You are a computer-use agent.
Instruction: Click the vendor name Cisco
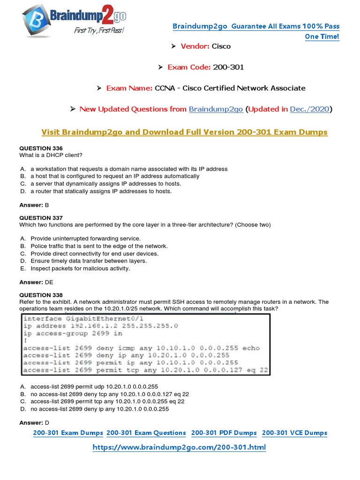221,46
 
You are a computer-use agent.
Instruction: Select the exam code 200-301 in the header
228,67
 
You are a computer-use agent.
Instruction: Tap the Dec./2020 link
309,109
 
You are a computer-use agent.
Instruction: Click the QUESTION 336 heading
41,148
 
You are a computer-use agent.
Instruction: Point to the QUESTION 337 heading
41,217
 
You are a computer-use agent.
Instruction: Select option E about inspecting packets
80,269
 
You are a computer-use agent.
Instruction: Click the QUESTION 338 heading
41,295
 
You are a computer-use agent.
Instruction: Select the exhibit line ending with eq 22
145,370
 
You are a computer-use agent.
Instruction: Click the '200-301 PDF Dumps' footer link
224,433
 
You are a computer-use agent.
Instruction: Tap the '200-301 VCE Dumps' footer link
294,433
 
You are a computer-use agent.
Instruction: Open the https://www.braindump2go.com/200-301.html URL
179,447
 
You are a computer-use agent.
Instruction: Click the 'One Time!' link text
322,37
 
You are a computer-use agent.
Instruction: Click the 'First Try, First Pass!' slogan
99,30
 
